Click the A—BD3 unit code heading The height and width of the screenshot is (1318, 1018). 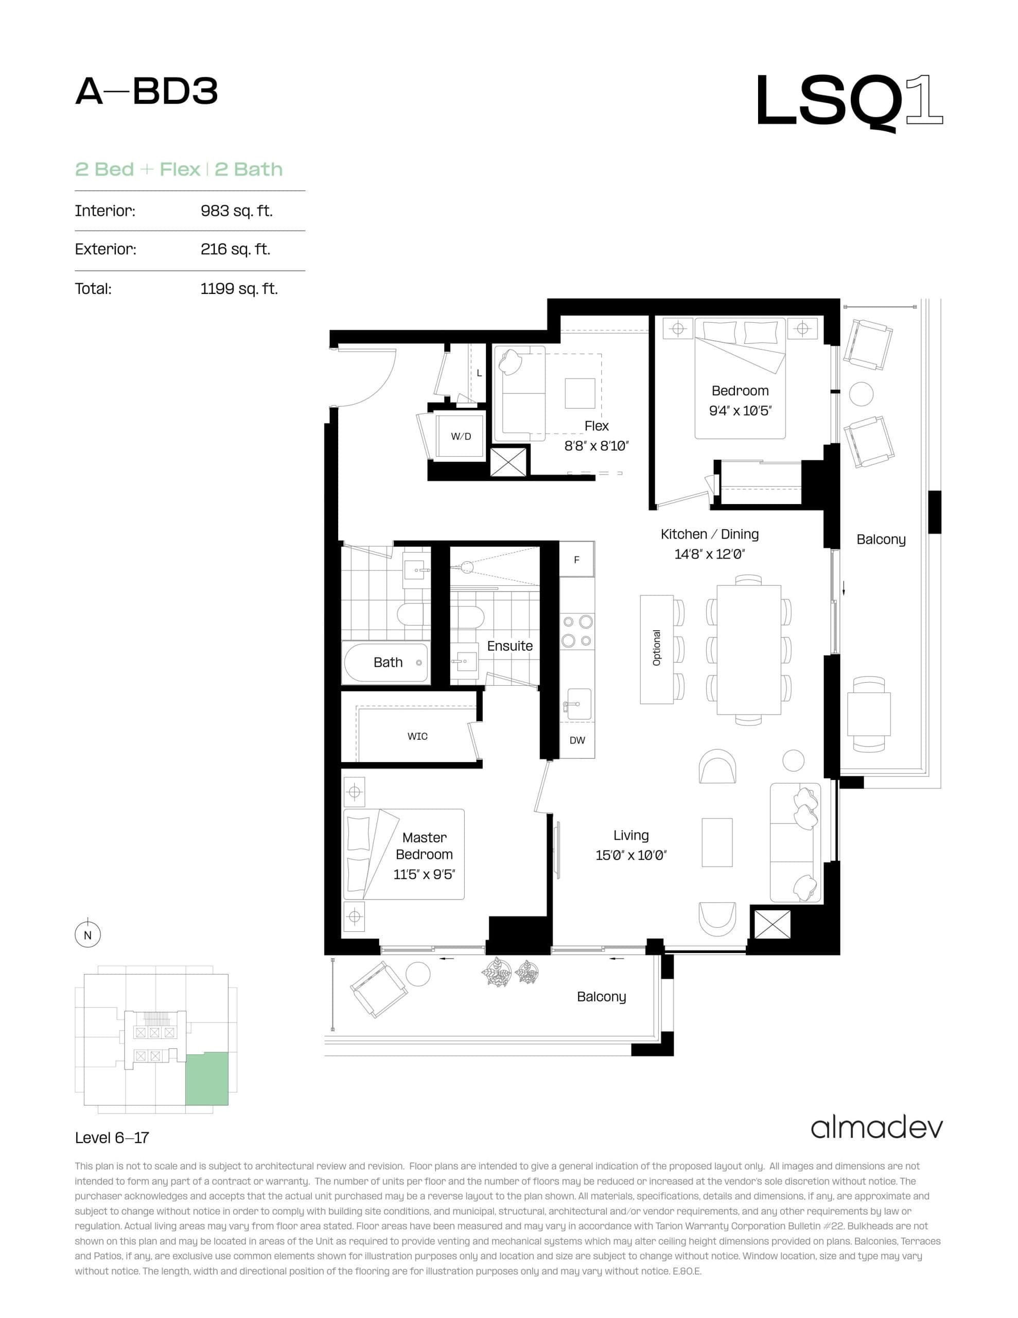[x=146, y=92]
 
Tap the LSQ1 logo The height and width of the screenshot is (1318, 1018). [x=849, y=101]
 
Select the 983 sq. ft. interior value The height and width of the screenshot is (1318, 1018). [x=237, y=211]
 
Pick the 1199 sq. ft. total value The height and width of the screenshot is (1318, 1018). [x=239, y=288]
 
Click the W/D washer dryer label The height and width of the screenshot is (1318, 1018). [x=461, y=436]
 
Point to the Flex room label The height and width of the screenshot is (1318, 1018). [x=596, y=426]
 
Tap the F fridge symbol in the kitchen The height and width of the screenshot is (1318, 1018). [x=576, y=560]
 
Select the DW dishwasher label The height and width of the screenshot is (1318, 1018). [x=577, y=740]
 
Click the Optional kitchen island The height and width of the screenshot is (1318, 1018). [x=657, y=649]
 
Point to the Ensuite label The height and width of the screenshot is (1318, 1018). [x=510, y=646]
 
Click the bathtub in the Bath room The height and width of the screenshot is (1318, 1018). [x=386, y=663]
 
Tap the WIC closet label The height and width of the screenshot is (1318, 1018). [x=417, y=736]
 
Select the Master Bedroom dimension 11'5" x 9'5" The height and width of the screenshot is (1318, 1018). [x=424, y=874]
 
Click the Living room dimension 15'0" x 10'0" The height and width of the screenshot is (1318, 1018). [x=630, y=855]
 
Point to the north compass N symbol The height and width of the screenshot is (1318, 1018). [x=87, y=935]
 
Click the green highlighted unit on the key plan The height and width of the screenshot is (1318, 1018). [x=207, y=1079]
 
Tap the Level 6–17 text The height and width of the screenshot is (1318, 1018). [x=112, y=1138]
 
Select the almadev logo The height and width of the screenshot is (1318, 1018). [x=876, y=1128]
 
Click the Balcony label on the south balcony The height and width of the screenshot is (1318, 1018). [x=601, y=996]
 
